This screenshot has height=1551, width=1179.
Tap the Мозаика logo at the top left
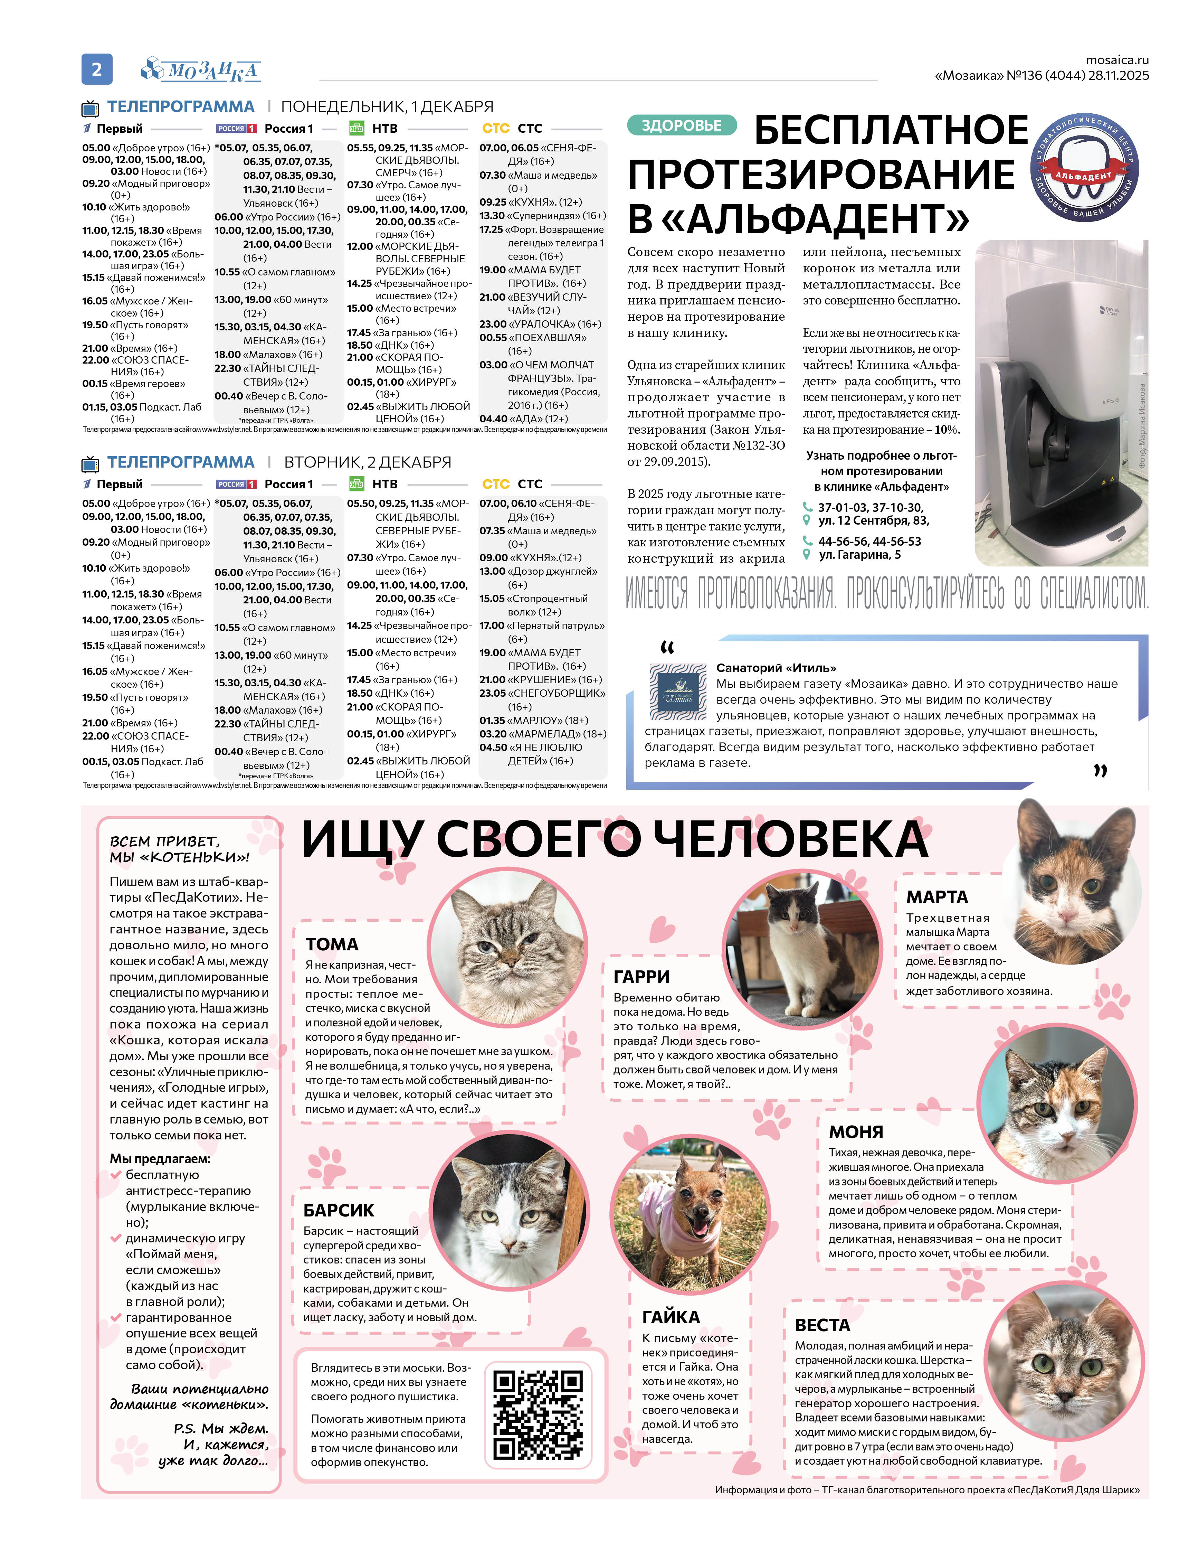(x=201, y=69)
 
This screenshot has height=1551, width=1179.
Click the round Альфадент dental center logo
(x=1085, y=169)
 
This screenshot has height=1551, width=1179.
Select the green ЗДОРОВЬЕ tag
(x=682, y=126)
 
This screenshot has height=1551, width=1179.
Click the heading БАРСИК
(x=338, y=1211)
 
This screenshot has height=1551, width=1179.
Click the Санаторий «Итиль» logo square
(x=677, y=692)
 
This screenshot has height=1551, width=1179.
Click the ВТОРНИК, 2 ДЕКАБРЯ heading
(x=367, y=462)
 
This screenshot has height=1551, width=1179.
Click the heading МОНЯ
(x=855, y=1132)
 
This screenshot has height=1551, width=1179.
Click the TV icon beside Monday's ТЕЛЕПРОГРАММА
(x=90, y=108)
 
